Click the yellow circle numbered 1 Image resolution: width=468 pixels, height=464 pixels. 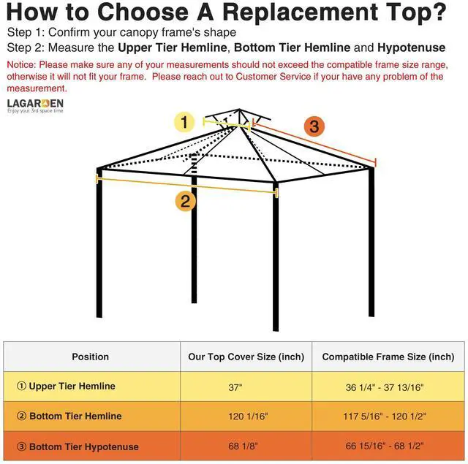185,122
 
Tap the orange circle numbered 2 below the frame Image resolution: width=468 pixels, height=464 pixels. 185,201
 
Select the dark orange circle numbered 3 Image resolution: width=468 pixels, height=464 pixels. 314,126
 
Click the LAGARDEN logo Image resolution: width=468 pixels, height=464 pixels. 35,105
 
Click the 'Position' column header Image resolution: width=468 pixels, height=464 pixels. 91,357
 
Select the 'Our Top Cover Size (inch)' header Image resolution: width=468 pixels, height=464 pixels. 246,357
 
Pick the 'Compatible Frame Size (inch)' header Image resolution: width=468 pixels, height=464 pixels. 388,357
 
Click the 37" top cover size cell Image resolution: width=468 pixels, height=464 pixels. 235,388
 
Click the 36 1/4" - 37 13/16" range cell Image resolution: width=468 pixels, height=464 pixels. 385,388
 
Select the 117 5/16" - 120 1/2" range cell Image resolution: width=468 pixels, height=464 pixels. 385,417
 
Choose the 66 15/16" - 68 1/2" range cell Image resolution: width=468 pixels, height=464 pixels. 385,446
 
